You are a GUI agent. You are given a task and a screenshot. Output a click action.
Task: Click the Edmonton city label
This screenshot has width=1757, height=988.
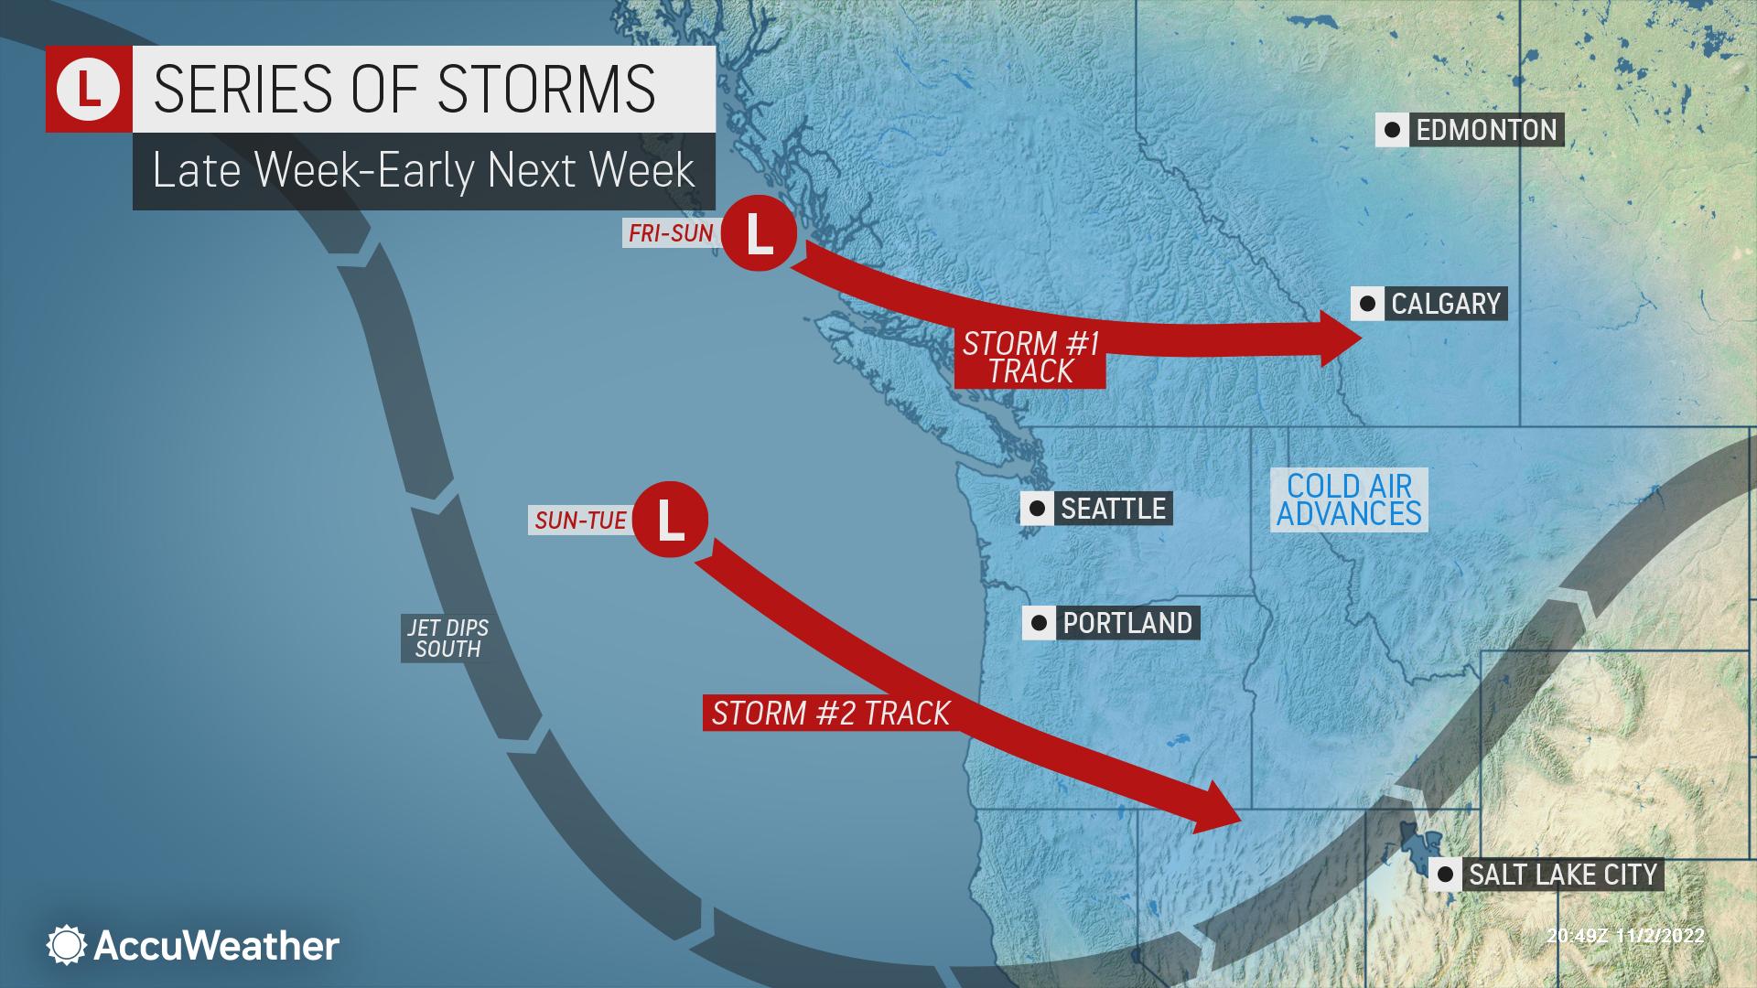coord(1485,130)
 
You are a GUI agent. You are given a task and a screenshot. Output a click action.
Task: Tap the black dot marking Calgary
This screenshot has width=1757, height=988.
coord(1367,304)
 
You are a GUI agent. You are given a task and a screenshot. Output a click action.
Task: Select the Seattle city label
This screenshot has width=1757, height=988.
coord(1112,509)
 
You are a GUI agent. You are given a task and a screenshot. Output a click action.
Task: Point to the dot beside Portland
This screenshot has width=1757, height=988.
coord(1039,623)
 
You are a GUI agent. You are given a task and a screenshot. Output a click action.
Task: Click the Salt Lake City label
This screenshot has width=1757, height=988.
coord(1562,875)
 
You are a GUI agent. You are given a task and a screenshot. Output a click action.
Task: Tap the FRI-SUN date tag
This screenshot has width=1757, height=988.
coord(671,234)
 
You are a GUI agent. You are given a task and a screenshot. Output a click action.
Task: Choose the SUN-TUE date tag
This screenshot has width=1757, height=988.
coord(580,521)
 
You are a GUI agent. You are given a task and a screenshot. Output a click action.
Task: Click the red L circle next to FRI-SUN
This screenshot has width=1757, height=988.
coord(759,236)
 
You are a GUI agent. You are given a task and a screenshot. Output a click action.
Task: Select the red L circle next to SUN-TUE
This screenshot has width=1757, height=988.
coord(670,519)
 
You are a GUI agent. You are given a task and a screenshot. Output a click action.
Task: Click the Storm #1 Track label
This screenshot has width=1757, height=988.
coord(1030,358)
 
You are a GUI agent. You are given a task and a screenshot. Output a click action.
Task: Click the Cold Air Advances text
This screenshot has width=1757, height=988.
coord(1349,499)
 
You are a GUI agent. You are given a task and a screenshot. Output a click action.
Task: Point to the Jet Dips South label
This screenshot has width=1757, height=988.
coord(447,639)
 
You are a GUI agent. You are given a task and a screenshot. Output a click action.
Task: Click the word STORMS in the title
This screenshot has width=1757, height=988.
coord(545,88)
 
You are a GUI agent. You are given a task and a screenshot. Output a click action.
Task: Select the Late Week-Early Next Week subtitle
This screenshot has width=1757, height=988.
coord(423,171)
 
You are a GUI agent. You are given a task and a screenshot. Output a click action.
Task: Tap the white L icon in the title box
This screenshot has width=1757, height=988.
coord(89,89)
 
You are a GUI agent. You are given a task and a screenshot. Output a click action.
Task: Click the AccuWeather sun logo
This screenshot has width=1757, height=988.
coord(67,945)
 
